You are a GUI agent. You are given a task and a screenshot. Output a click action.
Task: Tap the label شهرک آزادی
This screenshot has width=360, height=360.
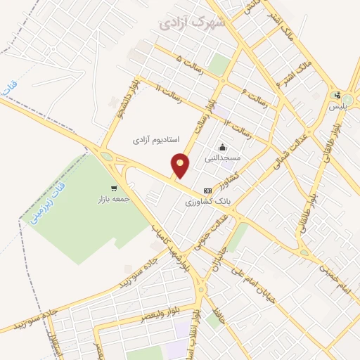[x=184, y=22]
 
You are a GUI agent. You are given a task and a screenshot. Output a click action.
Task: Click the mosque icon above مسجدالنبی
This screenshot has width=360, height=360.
[x=223, y=147]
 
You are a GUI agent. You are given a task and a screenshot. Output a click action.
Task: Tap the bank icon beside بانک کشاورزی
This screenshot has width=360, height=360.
[x=207, y=190]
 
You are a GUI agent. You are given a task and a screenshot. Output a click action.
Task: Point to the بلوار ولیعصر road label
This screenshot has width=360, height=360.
[x=141, y=315]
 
